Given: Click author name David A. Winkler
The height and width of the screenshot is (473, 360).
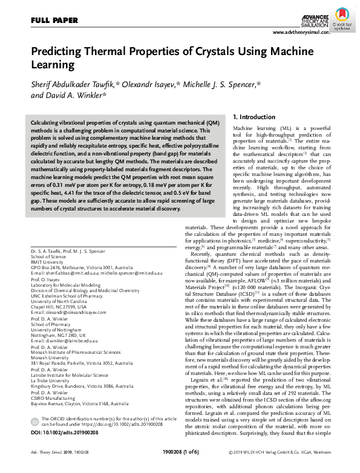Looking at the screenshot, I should pos(77,95).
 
